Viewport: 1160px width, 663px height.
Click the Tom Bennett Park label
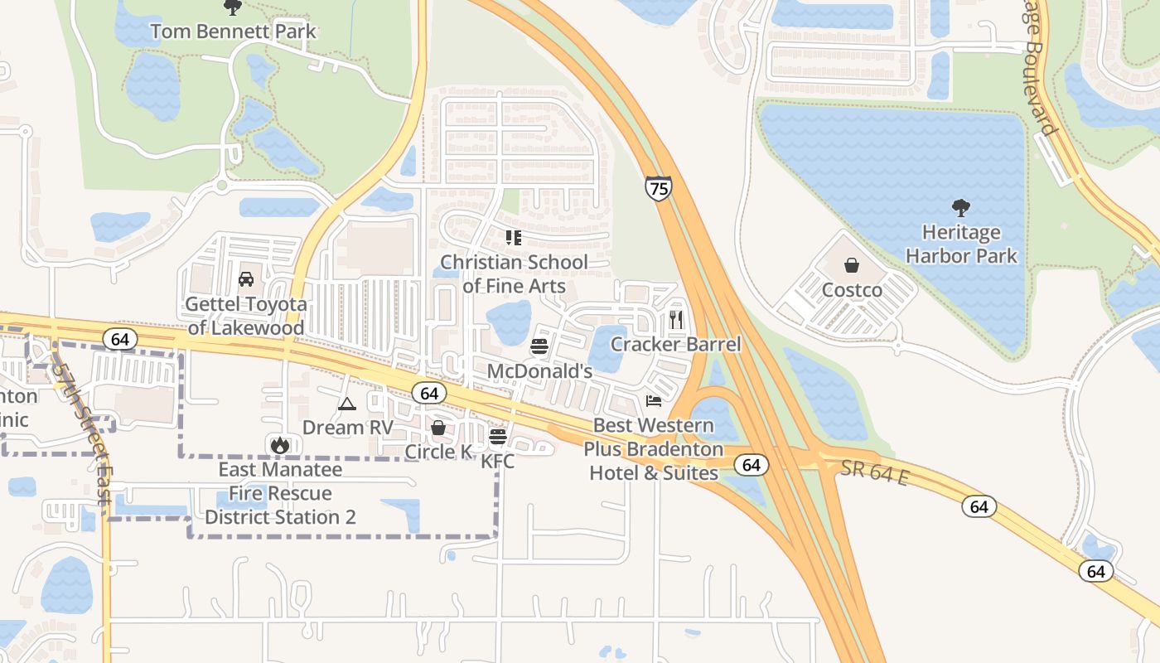click(x=233, y=32)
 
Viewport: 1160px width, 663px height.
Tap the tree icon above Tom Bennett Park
click(x=233, y=7)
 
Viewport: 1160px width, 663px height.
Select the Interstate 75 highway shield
click(x=658, y=188)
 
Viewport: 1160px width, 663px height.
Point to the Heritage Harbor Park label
click(x=961, y=244)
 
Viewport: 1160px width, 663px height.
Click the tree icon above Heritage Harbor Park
click(x=961, y=207)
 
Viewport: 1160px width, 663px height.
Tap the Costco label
click(x=852, y=290)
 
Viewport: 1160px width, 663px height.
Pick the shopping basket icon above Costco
click(x=852, y=265)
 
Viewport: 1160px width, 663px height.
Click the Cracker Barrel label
click(x=675, y=344)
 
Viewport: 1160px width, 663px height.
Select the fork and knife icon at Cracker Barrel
click(x=676, y=319)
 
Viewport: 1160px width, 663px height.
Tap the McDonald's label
click(x=539, y=370)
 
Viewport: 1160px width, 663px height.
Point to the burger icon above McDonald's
click(x=539, y=346)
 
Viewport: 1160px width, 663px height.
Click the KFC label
click(x=498, y=461)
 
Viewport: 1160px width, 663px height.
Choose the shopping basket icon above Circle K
click(x=438, y=428)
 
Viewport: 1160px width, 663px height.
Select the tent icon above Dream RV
click(x=346, y=404)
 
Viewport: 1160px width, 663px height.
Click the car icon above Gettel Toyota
click(x=246, y=279)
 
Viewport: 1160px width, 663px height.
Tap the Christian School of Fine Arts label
click(x=514, y=274)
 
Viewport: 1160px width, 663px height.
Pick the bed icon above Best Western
click(x=654, y=402)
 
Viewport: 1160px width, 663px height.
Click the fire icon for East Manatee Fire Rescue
click(x=280, y=445)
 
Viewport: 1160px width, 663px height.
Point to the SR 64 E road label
click(x=873, y=474)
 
